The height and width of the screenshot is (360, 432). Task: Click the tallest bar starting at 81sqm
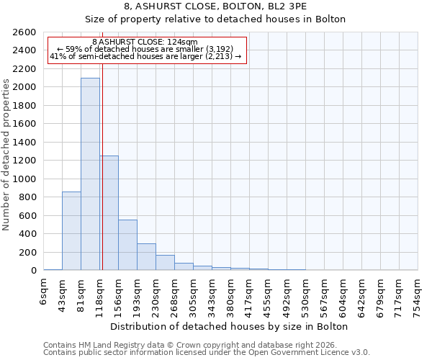90,174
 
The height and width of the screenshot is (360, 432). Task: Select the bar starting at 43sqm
71,230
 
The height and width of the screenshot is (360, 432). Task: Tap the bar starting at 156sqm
127,245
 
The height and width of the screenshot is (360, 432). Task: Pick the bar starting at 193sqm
146,256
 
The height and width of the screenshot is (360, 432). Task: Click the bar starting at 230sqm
165,262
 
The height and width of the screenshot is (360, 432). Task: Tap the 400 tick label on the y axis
29,234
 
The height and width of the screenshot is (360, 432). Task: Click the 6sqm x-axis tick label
44,291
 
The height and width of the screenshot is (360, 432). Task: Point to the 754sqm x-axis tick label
418,295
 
